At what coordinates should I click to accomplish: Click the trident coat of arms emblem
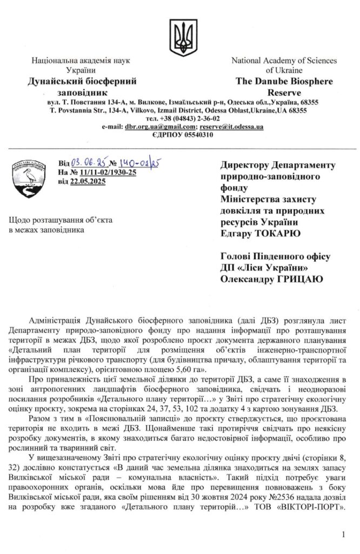(x=179, y=35)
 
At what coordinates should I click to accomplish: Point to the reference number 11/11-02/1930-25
(x=107, y=173)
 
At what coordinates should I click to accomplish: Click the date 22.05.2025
(x=88, y=181)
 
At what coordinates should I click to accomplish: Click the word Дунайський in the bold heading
(x=53, y=81)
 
